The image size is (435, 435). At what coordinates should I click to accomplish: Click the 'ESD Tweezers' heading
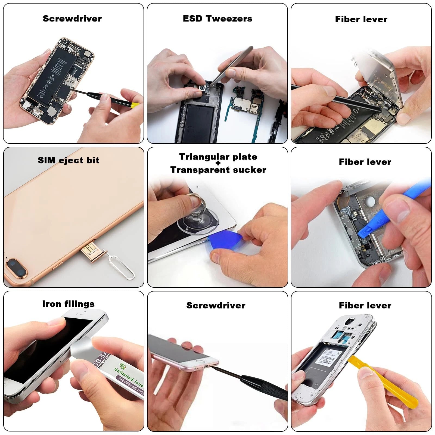tap(217, 18)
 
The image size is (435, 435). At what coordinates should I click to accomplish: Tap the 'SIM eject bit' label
tap(69, 160)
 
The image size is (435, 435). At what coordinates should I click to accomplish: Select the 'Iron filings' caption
tap(68, 304)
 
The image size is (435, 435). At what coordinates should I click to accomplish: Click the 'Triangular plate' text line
tap(218, 157)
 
